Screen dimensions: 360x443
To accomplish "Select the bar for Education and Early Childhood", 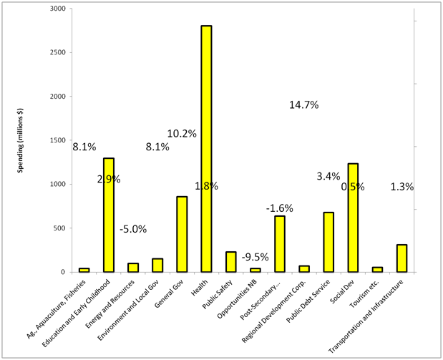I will (x=108, y=215).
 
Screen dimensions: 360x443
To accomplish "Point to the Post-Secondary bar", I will (x=279, y=244).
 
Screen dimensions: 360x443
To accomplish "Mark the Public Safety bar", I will (x=230, y=262).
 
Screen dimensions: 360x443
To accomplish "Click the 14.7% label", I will (x=303, y=105).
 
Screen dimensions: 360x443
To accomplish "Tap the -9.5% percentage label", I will (x=255, y=256).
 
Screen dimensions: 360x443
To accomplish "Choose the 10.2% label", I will (x=182, y=133).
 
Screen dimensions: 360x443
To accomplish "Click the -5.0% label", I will (x=132, y=229).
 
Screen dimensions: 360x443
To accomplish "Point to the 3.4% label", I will (x=328, y=176).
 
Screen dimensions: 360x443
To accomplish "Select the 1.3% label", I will (x=401, y=187).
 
